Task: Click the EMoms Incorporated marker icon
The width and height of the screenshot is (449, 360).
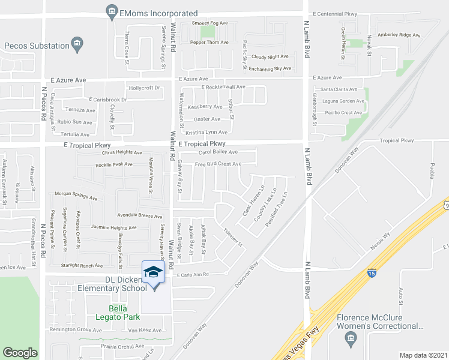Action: pyautogui.click(x=111, y=11)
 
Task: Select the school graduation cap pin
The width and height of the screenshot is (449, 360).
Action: pyautogui.click(x=153, y=273)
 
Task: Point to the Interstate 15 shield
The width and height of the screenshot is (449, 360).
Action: pyautogui.click(x=372, y=274)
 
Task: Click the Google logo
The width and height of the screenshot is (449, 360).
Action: pyautogui.click(x=20, y=353)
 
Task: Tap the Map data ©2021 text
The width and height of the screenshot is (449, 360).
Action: pyautogui.click(x=423, y=355)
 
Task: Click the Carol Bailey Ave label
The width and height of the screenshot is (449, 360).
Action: pyautogui.click(x=218, y=152)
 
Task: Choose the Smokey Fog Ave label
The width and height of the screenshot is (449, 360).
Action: pyautogui.click(x=210, y=23)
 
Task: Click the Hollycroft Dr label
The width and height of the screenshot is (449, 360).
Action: pyautogui.click(x=145, y=88)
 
